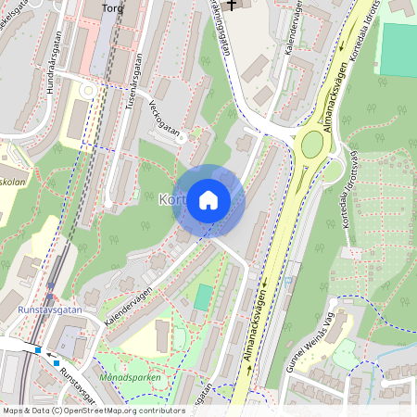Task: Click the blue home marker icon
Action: [208, 199]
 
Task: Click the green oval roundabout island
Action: [312, 145]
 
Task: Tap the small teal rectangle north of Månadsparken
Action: [203, 297]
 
